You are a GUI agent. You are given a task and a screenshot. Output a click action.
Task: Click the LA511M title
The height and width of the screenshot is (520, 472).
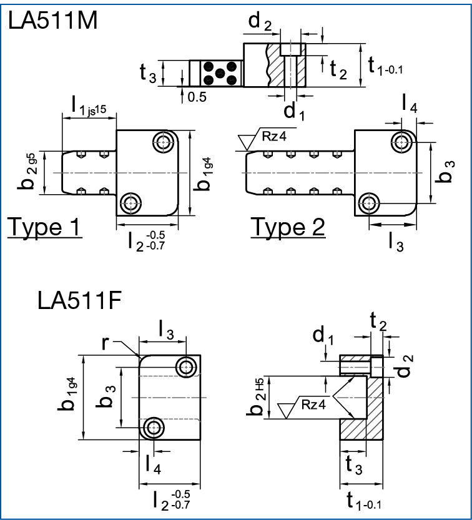pos(53,22)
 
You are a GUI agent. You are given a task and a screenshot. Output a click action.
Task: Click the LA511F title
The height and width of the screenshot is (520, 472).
pos(79,301)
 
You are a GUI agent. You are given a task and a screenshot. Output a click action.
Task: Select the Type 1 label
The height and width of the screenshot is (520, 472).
pos(44,227)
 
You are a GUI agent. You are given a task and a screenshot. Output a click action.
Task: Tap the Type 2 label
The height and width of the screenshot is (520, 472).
pos(288,227)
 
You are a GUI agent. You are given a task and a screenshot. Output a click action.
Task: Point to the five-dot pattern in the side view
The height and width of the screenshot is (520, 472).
pos(220,74)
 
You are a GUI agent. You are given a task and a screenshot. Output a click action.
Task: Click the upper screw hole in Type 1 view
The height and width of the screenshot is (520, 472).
pos(164,141)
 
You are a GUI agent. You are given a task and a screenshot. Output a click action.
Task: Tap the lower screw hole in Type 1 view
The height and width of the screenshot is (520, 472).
pos(130,202)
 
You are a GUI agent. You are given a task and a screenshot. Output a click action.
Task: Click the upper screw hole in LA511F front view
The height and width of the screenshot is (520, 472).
pos(186,367)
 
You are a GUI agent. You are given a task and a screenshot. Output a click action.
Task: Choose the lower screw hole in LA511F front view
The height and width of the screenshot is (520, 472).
pos(153,428)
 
